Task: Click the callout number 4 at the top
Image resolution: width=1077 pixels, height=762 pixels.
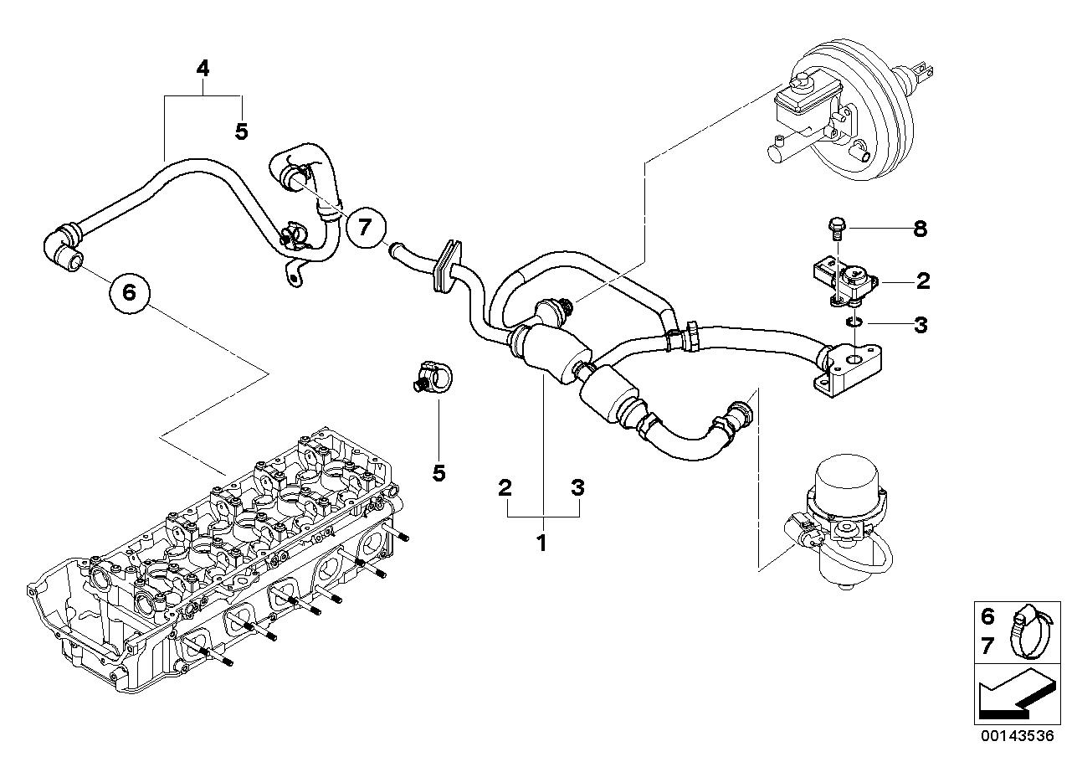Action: coord(203,69)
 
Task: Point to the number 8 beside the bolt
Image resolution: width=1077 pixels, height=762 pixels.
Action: coord(920,229)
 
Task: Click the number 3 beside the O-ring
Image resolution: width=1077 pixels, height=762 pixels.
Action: coord(920,324)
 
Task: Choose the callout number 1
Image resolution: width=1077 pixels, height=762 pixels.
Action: coord(541,543)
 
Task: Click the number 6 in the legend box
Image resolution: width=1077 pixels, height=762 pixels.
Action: coord(987,617)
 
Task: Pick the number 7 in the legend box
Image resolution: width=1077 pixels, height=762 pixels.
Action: coord(987,645)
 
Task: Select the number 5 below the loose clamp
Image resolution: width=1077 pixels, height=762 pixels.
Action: coord(438,473)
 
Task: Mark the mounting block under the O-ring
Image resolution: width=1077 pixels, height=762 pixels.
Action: coord(845,368)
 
